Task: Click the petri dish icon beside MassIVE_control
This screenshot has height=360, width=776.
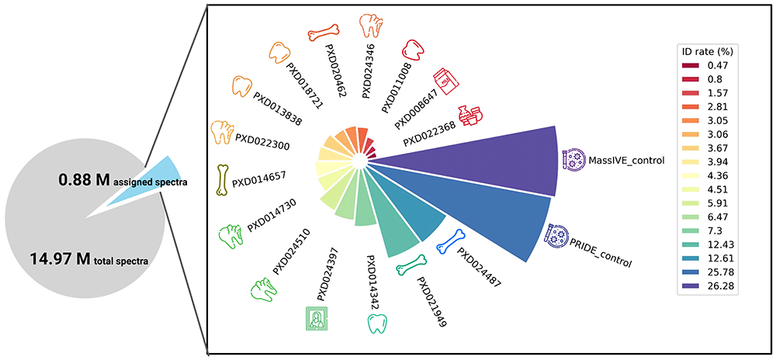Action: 573,159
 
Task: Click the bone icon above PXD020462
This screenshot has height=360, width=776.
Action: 323,32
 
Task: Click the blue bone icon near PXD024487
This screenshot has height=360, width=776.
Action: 452,241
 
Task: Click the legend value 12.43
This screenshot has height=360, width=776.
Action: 720,244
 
